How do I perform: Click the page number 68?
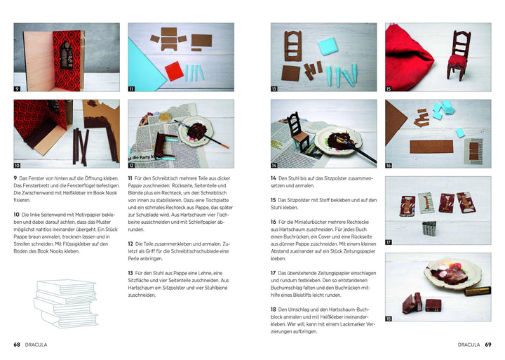[17, 345]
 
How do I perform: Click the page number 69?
[488, 345]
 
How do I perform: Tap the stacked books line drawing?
[65, 304]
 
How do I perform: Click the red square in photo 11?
[174, 71]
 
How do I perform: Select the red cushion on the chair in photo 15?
[457, 60]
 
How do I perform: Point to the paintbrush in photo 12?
[201, 134]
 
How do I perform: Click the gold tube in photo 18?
[478, 291]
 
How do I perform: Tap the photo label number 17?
[389, 242]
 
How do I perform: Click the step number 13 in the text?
[130, 273]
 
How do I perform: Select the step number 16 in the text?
[273, 222]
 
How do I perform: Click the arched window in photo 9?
[67, 55]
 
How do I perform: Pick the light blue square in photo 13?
[328, 46]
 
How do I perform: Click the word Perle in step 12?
[134, 258]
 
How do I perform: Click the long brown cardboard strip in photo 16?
[431, 147]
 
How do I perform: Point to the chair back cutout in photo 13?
[292, 46]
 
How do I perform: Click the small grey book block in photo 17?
[429, 228]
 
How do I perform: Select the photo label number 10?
[17, 166]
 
